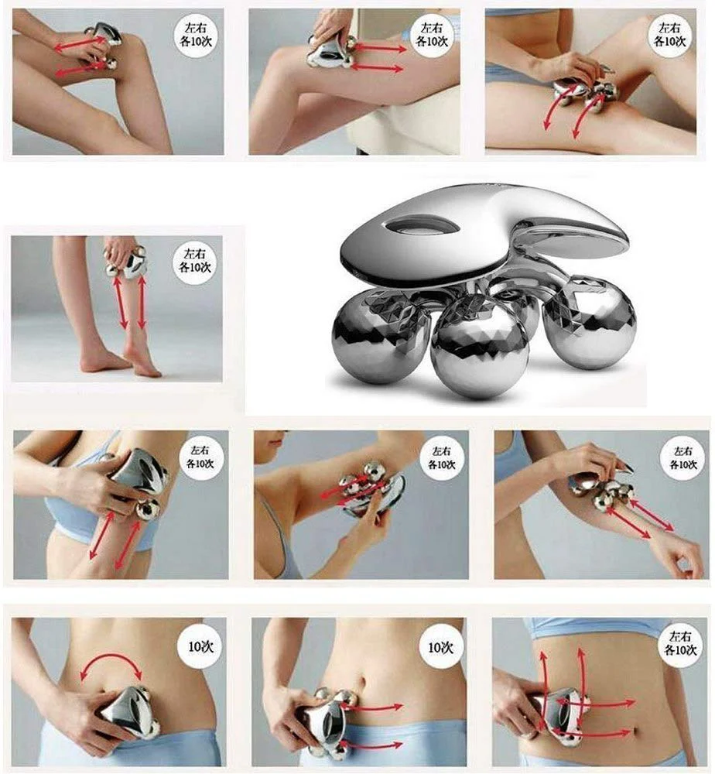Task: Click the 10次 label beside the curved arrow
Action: (x=201, y=646)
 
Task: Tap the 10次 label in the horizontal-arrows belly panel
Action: (x=440, y=647)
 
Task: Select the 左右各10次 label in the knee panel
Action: (x=196, y=35)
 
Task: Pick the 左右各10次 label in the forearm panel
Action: (x=683, y=457)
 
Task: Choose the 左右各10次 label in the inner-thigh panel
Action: (x=670, y=35)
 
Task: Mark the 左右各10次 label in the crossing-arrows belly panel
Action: (x=680, y=643)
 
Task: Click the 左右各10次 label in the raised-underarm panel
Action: (x=442, y=457)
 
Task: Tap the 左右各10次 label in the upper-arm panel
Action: (x=200, y=457)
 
